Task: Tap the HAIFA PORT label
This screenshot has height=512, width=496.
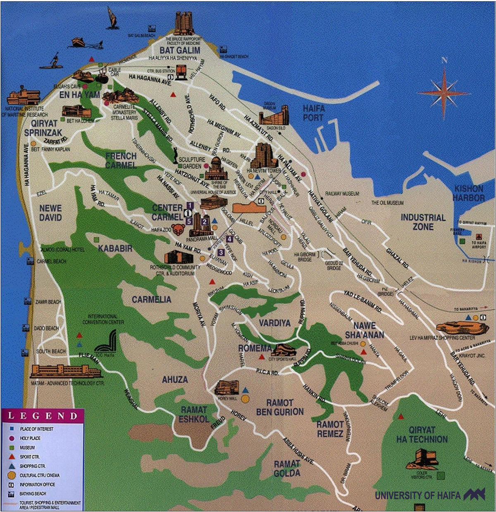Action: [x=314, y=113]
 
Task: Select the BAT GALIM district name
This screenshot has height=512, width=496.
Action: [x=180, y=50]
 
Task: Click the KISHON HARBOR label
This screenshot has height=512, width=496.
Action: [x=469, y=193]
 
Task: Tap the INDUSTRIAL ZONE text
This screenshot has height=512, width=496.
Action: [x=423, y=222]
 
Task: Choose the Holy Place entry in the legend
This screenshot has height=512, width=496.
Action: [x=30, y=438]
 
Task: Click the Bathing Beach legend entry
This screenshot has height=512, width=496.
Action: [x=32, y=493]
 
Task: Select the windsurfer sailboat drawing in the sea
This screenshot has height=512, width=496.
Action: [x=112, y=19]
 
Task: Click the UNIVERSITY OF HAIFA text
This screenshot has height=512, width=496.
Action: [x=417, y=495]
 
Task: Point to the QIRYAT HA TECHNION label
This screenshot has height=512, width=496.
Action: [x=422, y=435]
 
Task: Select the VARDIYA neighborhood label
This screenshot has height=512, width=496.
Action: [x=274, y=323]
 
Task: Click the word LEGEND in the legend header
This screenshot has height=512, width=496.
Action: [x=42, y=416]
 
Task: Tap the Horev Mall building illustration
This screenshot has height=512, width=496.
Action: [x=227, y=388]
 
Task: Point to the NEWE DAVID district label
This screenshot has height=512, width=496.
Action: [x=50, y=213]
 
